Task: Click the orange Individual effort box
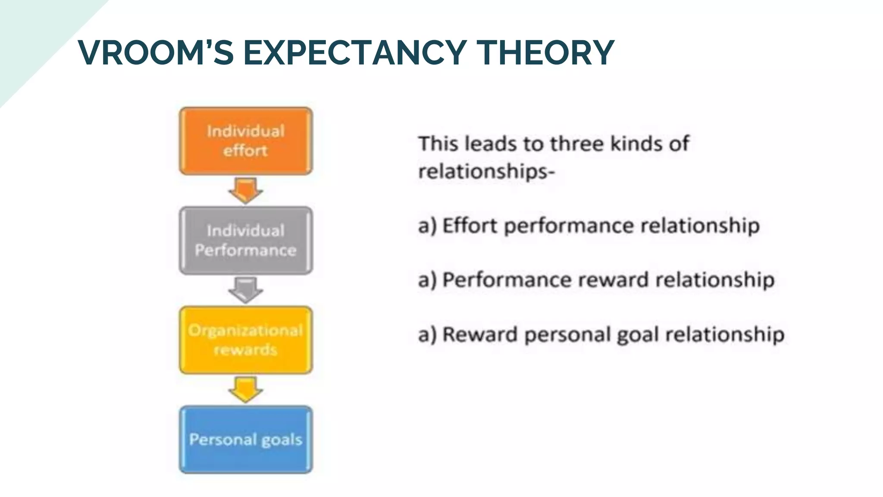point(246,141)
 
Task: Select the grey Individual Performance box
point(246,240)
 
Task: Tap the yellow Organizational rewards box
point(246,340)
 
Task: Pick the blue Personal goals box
point(246,439)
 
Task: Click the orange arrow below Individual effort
point(245,190)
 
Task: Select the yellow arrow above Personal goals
point(245,389)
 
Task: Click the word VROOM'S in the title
point(156,53)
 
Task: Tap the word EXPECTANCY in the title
point(355,53)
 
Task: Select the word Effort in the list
point(470,226)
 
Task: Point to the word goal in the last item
point(639,335)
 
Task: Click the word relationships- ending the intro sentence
point(486,171)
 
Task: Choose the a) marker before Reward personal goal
point(427,335)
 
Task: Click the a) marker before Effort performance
point(427,226)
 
